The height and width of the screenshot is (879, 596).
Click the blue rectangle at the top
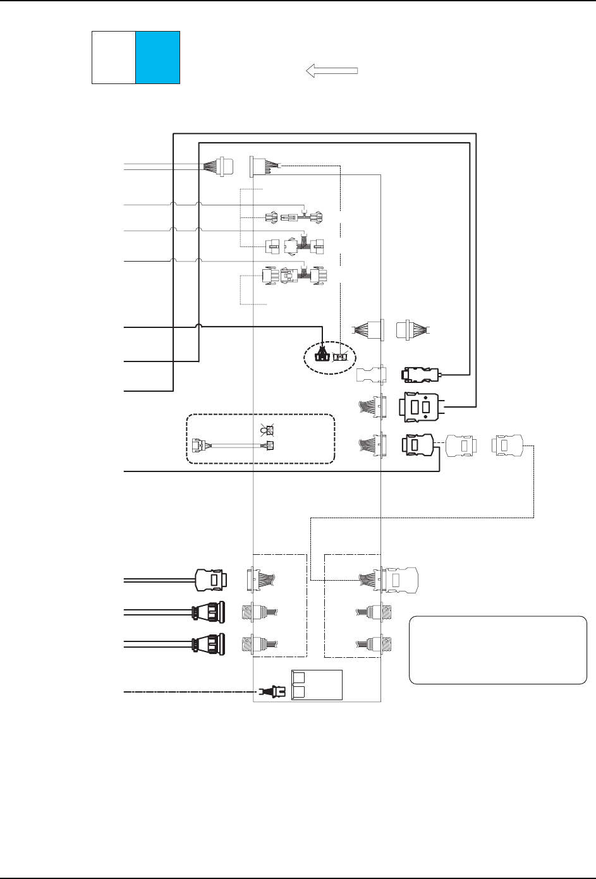[158, 57]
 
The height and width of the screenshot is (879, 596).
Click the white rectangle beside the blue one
[114, 57]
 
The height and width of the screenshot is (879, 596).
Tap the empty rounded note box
[498, 650]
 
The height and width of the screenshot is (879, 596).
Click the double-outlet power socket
[315, 685]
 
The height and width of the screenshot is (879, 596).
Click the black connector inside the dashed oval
[322, 356]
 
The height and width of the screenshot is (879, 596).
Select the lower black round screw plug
[207, 644]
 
